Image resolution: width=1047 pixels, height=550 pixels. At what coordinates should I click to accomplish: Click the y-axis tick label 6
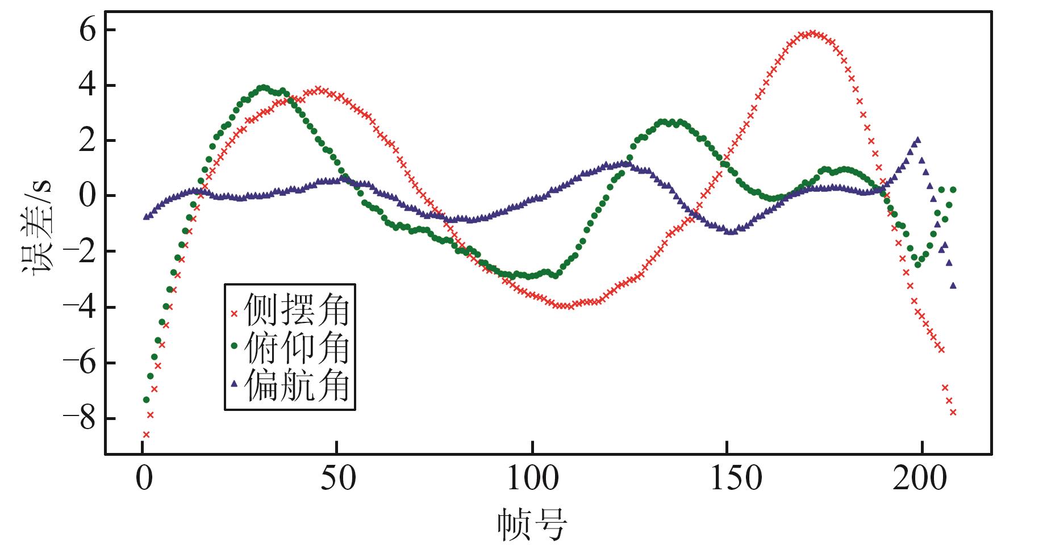pos(89,31)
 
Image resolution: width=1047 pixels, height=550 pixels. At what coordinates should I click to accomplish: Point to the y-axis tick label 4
pos(89,86)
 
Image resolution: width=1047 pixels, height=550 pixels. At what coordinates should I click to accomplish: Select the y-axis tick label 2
pos(89,141)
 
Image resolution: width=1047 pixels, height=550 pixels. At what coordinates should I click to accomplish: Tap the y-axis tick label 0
pos(89,196)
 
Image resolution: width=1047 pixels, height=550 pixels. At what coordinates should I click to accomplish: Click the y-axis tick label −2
pos(80,252)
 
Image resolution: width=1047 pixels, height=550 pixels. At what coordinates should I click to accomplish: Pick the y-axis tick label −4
pos(80,308)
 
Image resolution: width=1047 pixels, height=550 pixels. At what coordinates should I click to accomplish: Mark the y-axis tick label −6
pos(80,363)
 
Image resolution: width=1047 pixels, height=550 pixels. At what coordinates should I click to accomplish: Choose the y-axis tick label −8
pos(80,419)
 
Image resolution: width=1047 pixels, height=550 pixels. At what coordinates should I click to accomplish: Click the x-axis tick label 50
pos(337,480)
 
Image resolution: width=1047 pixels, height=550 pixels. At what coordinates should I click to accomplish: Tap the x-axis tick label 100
pos(532,480)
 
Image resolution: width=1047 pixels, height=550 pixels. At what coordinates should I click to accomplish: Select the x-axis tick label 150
pos(728,480)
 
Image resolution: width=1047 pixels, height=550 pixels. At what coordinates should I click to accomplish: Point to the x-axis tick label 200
pos(921,480)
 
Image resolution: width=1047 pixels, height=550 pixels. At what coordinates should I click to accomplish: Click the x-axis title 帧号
pos(532,525)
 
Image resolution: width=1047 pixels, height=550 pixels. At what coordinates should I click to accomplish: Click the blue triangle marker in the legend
pos(233,384)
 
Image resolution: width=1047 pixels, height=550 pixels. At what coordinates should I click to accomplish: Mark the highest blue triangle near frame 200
pos(917,140)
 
